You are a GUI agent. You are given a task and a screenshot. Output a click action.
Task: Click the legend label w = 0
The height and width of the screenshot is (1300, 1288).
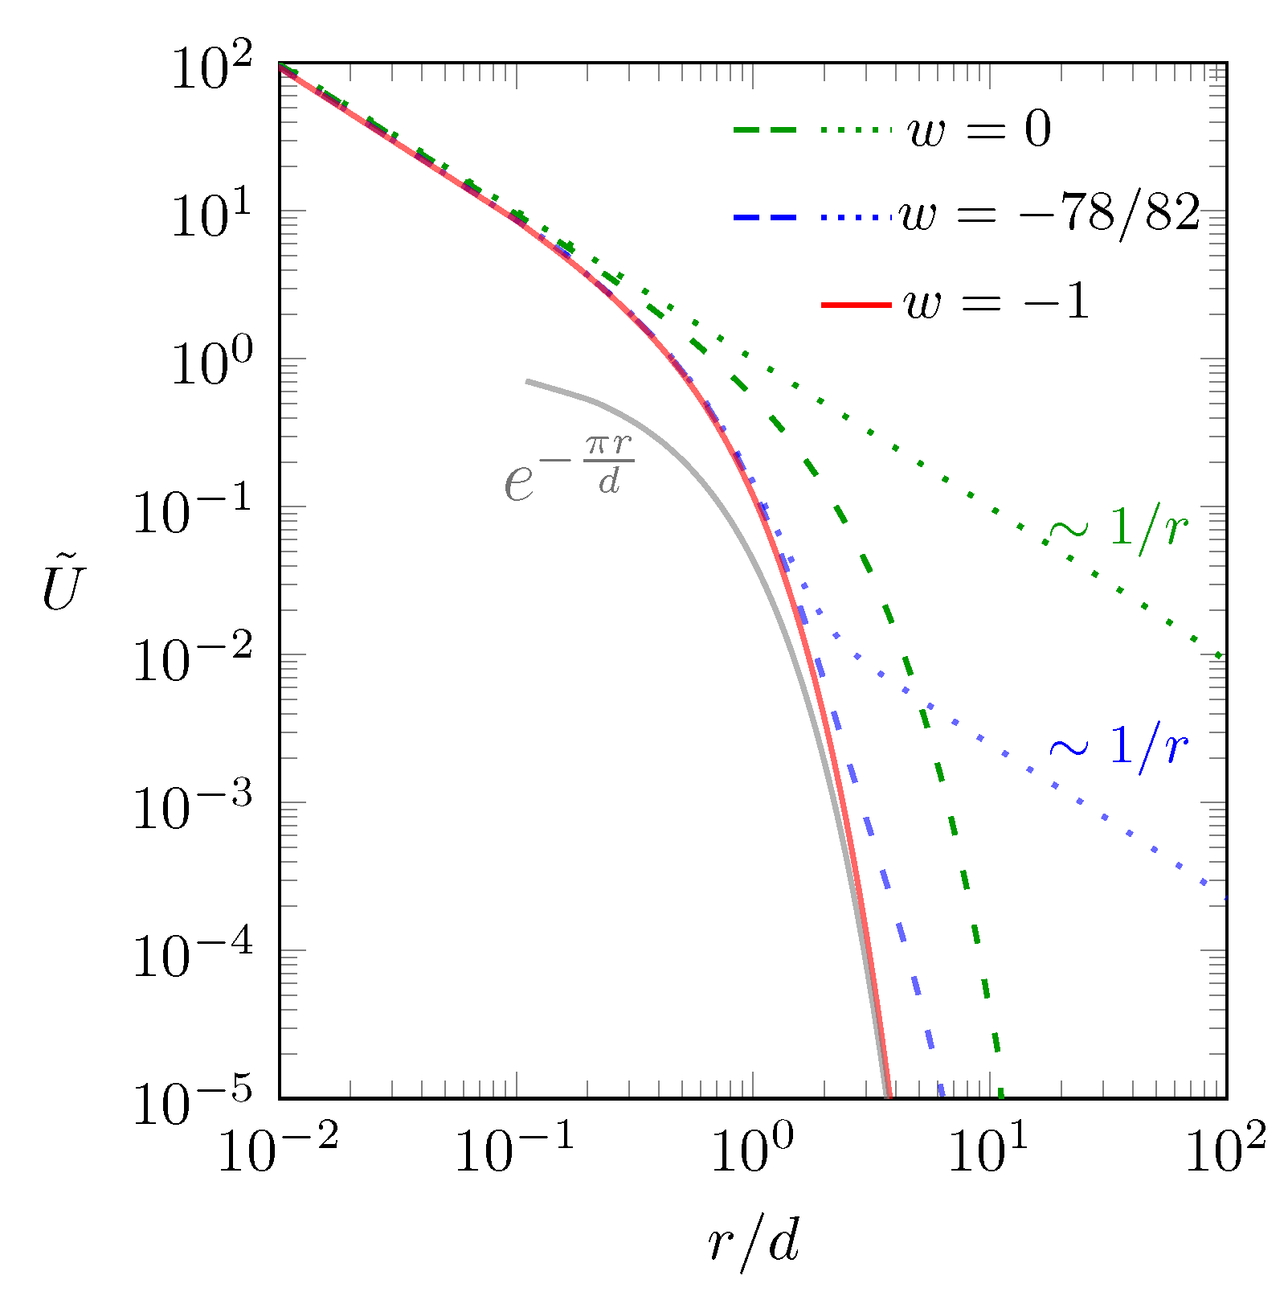[979, 130]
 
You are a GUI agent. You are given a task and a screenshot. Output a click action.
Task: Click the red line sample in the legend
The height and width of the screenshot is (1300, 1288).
[857, 305]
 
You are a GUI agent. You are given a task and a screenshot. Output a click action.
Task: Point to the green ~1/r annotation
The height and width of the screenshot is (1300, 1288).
[1118, 528]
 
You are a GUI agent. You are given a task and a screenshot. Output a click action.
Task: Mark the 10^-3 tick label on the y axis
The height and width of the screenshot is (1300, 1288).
[194, 807]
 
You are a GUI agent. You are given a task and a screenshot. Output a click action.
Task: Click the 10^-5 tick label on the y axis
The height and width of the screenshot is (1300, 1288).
[194, 1103]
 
